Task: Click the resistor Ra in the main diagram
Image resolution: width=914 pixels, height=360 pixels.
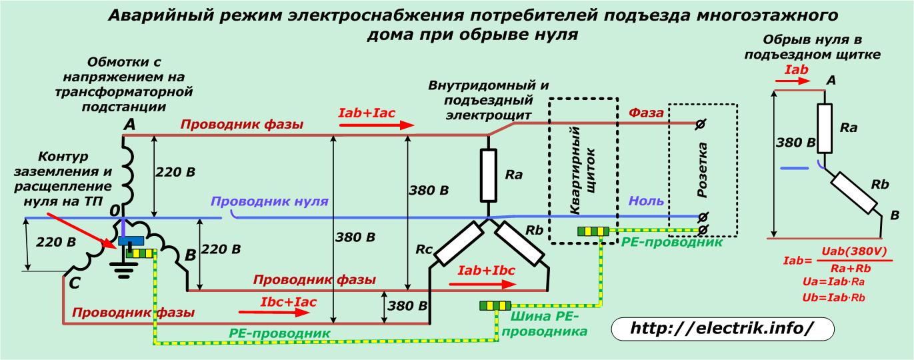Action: coord(489,175)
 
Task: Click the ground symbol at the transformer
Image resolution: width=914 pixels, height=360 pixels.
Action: coord(125,268)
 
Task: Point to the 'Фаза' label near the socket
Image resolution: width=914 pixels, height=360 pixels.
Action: coord(646,113)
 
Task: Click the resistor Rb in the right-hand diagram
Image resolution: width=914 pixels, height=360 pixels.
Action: coord(855,193)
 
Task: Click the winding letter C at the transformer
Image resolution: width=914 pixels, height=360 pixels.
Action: coord(75,283)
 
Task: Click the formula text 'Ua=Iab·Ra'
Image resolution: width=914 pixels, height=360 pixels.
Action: coord(831,283)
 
